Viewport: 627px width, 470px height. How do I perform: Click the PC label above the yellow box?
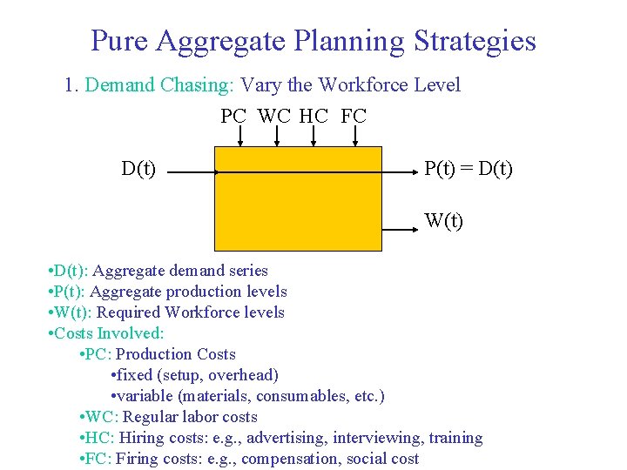233,116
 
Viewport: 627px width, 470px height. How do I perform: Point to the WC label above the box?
275,116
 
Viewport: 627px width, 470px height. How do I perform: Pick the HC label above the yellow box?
313,116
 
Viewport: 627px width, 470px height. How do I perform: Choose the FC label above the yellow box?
354,116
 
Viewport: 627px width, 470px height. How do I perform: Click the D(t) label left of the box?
139,167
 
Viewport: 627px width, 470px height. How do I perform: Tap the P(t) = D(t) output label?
469,167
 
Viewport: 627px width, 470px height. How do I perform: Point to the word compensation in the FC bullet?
292,459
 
